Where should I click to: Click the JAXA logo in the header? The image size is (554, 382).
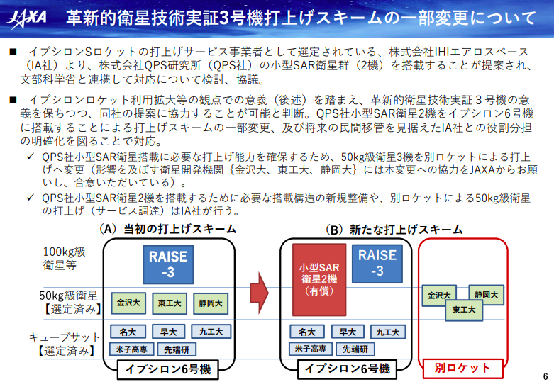click(27, 18)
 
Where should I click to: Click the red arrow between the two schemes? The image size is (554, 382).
click(259, 293)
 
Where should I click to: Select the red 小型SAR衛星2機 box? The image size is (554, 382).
click(319, 279)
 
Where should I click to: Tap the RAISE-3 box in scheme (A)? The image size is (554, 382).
click(168, 264)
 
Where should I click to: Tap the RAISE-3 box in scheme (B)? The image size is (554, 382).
click(377, 264)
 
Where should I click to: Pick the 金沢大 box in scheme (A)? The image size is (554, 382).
click(128, 303)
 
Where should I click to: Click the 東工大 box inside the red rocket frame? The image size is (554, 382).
click(464, 310)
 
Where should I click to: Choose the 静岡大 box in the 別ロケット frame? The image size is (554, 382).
click(486, 295)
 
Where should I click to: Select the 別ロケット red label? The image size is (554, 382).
click(462, 369)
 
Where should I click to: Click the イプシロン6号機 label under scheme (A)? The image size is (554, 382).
click(168, 369)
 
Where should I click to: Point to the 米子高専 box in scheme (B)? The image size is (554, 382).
click(311, 349)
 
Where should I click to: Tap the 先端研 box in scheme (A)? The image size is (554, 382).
click(177, 349)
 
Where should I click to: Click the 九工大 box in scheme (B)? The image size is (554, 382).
click(388, 332)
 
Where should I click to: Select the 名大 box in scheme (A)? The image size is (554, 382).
click(128, 332)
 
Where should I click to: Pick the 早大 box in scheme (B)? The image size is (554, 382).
click(348, 332)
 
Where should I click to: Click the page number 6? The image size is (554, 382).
click(545, 376)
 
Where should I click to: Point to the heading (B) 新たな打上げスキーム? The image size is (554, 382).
click(394, 230)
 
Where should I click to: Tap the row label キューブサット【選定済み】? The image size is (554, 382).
click(65, 344)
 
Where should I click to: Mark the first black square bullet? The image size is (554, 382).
click(13, 52)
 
